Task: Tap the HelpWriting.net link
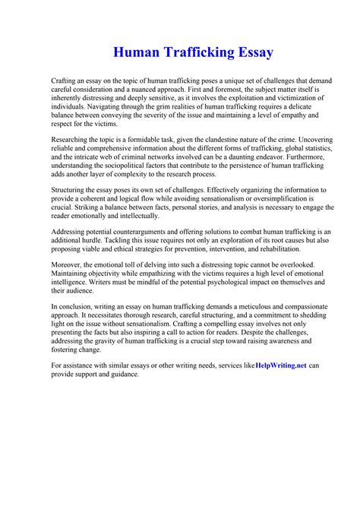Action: pyautogui.click(x=281, y=365)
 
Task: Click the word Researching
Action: pyautogui.click(x=74, y=139)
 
